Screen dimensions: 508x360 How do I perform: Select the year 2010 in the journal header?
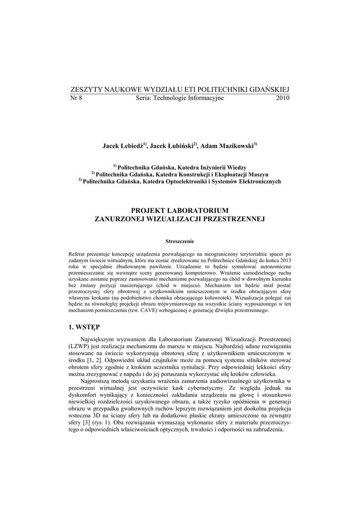[x=282, y=98]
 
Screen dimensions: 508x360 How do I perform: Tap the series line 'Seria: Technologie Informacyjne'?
[x=180, y=98]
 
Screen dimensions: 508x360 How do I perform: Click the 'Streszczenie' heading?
[x=180, y=241]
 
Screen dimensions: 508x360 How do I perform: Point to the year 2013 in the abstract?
[x=285, y=260]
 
